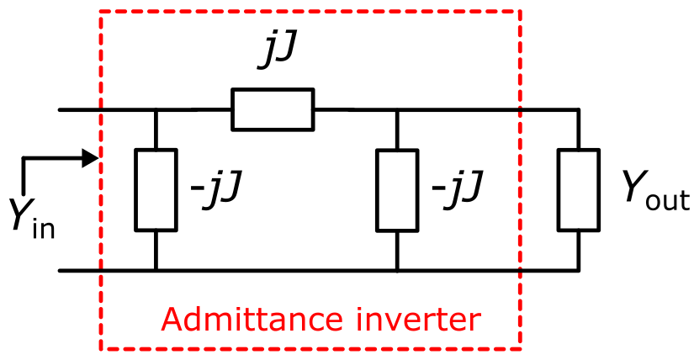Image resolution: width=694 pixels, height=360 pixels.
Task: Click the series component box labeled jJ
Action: (273, 109)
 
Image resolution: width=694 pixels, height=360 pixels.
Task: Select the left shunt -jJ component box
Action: (156, 190)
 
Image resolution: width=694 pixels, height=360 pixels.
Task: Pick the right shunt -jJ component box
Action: (396, 190)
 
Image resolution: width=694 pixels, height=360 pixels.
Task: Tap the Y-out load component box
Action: (579, 190)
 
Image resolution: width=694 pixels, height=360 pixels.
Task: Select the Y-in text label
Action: (32, 217)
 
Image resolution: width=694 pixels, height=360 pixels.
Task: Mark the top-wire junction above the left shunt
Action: (156, 109)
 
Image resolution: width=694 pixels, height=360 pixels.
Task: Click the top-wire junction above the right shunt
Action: (396, 109)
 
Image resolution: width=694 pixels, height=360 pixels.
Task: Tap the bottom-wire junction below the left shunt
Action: (156, 271)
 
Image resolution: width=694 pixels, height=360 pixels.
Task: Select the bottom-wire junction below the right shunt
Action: (396, 271)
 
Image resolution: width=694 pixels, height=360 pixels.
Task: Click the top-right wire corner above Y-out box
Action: (579, 109)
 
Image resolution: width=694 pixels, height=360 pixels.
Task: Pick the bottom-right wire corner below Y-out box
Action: (579, 271)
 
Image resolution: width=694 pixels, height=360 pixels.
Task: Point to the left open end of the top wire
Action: (60, 109)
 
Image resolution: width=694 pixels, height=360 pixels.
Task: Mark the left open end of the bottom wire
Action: (60, 271)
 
